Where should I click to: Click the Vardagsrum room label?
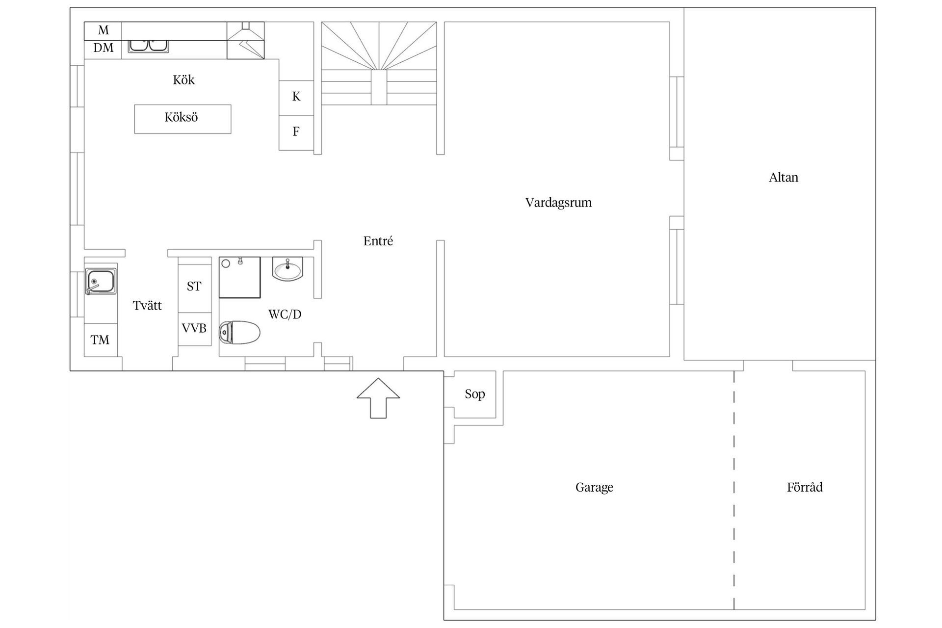coord(558,203)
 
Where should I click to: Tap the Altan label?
coord(784,177)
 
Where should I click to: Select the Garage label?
coord(594,487)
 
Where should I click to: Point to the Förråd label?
coord(805,487)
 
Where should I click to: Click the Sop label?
coord(475,394)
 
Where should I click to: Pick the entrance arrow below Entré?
coord(378,398)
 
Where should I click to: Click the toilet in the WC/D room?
coord(239,333)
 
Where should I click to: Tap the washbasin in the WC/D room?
coord(288,269)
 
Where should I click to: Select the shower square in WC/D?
coord(239,277)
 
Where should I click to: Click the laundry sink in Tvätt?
coord(101,281)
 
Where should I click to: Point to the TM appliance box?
coord(101,340)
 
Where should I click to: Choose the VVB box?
coord(195,329)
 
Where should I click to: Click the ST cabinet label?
coord(194,286)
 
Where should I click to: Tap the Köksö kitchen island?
coord(183,119)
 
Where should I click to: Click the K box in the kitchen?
coord(296,98)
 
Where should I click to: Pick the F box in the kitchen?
coord(296,132)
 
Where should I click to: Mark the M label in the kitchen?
coord(104,30)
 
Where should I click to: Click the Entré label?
coord(378,241)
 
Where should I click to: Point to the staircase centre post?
coord(379,87)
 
